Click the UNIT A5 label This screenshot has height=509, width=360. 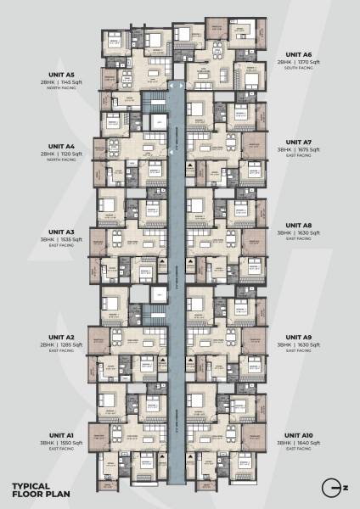click(61, 76)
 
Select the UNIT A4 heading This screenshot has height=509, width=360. click(61, 146)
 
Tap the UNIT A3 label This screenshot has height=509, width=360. click(61, 231)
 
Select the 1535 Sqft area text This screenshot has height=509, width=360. click(73, 239)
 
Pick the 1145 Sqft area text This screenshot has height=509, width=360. click(73, 84)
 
